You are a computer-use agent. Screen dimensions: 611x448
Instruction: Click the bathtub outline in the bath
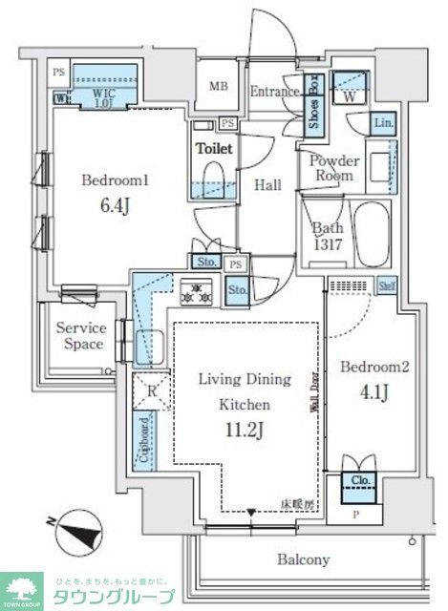371,234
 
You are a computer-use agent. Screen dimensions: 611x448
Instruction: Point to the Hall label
267,185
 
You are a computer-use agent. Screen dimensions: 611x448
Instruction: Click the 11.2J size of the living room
245,430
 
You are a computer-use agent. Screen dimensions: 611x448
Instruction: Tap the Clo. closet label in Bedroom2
359,482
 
